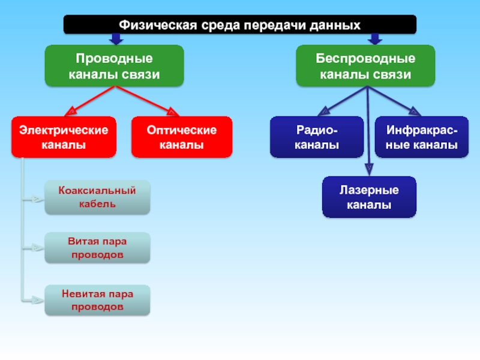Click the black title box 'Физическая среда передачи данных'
point(240,25)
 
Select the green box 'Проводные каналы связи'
point(114,67)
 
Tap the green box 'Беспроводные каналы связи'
point(365,67)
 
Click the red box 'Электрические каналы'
point(63,137)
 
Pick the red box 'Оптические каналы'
point(182,137)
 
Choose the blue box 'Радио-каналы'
point(317,137)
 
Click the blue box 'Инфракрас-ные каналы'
point(422,137)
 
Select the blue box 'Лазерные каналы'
point(369,197)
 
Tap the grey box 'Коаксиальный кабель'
point(97,197)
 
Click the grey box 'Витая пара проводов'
point(97,248)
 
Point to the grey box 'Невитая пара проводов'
point(97,301)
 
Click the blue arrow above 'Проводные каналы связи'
point(116,39)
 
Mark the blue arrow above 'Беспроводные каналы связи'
point(375,39)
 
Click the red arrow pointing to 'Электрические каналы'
point(71,111)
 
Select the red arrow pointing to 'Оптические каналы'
point(172,111)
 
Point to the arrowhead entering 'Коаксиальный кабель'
point(39,198)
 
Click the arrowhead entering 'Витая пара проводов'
point(39,248)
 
